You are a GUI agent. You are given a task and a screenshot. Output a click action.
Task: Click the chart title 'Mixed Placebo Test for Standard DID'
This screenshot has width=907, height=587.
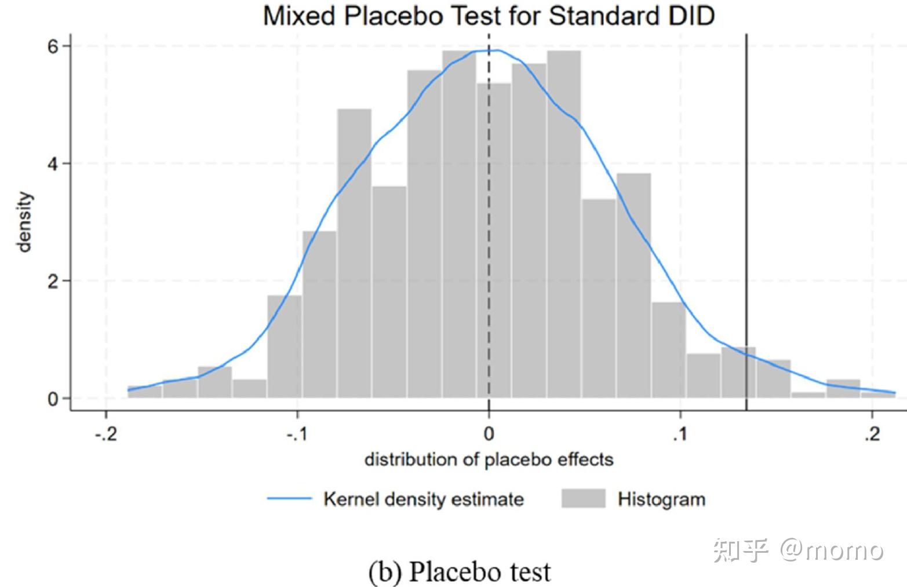tap(489, 16)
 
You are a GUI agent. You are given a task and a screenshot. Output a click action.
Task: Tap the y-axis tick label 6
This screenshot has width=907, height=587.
tap(53, 46)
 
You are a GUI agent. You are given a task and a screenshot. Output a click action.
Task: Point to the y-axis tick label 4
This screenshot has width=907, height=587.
tap(53, 164)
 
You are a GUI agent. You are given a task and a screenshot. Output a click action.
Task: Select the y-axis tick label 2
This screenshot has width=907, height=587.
tap(53, 282)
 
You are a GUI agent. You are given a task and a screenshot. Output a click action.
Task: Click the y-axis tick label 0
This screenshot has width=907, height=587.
tap(53, 399)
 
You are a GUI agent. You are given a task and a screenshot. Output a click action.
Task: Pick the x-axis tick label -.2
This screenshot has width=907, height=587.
tap(105, 434)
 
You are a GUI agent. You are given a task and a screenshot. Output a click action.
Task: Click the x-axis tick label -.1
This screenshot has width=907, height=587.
tap(297, 434)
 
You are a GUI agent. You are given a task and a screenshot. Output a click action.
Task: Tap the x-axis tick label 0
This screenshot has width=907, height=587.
tap(489, 434)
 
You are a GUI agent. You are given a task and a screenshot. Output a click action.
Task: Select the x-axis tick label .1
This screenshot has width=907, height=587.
tap(680, 434)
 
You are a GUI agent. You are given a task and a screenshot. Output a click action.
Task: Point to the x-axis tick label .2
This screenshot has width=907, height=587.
tap(872, 434)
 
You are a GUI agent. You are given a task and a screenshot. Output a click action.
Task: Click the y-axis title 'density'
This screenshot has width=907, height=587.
tap(24, 223)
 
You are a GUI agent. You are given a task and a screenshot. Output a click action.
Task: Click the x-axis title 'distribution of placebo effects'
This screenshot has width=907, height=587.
tap(489, 460)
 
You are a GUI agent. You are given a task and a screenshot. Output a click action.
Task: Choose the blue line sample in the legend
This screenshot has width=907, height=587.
tap(289, 499)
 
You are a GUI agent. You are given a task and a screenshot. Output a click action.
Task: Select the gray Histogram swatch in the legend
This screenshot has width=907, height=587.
tap(583, 499)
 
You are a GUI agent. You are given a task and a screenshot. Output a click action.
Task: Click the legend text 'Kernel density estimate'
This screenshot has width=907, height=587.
tap(423, 499)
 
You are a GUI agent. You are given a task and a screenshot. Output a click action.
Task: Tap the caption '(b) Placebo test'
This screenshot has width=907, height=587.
tap(460, 571)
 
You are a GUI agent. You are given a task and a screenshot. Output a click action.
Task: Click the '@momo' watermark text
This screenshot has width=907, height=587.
tap(831, 549)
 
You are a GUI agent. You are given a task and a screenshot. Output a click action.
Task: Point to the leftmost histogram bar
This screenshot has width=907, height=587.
tap(144, 392)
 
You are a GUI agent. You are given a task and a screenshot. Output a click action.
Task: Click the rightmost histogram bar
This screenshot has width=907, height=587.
tap(877, 395)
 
